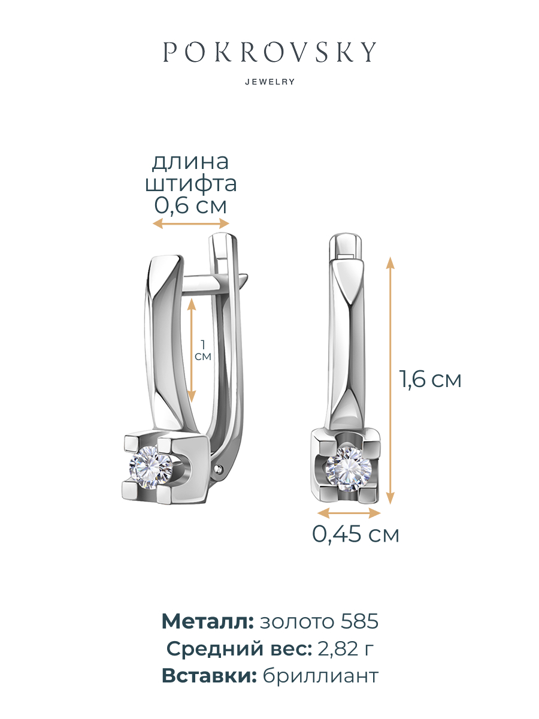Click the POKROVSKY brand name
[x=269, y=53]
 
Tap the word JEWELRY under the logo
[x=269, y=82]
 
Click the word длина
[x=190, y=162]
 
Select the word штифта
[x=190, y=183]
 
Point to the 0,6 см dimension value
[x=190, y=206]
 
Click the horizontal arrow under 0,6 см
[x=191, y=223]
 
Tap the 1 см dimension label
[x=204, y=350]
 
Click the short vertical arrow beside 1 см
[x=192, y=350]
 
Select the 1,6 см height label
[x=431, y=379]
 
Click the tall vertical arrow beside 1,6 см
[x=390, y=380]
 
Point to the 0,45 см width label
[x=355, y=534]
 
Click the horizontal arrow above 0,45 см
[x=349, y=513]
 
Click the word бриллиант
[x=320, y=676]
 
